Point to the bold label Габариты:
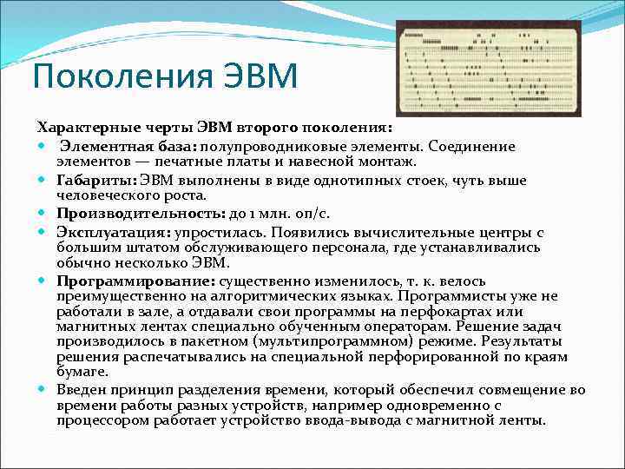click(91, 180)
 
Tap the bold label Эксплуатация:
click(114, 232)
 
